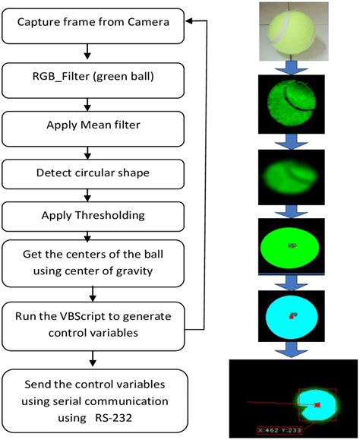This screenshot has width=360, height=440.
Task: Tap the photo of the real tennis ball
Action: coord(291,31)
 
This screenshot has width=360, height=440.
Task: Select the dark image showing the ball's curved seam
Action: coord(291,106)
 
